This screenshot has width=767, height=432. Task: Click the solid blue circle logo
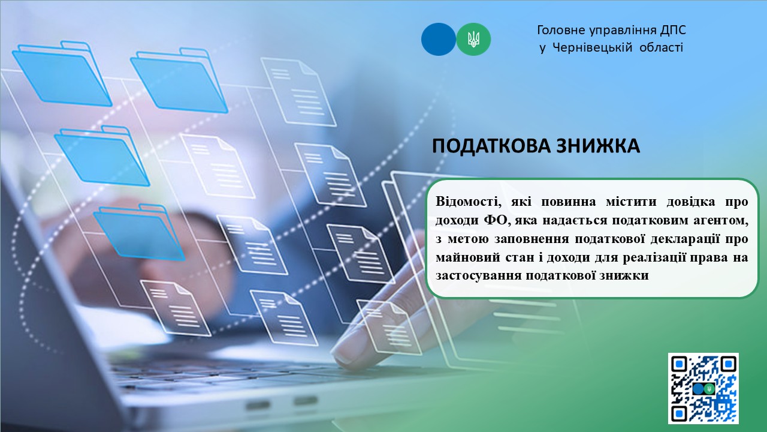pyautogui.click(x=438, y=40)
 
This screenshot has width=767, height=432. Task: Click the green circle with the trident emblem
pyautogui.click(x=473, y=40)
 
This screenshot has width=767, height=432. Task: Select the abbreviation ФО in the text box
pyautogui.click(x=495, y=220)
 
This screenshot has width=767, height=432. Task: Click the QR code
pyautogui.click(x=703, y=388)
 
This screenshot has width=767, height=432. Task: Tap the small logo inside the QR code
pyautogui.click(x=703, y=389)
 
